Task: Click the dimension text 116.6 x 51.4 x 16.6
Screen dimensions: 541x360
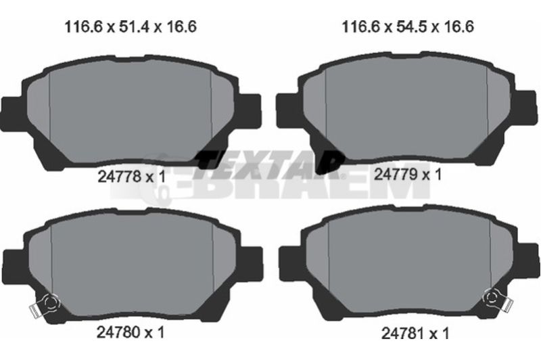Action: pyautogui.click(x=131, y=26)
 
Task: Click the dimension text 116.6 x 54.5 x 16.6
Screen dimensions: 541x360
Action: pyautogui.click(x=408, y=26)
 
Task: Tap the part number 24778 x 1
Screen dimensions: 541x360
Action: pyautogui.click(x=131, y=177)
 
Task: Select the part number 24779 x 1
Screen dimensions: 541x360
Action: pyautogui.click(x=408, y=175)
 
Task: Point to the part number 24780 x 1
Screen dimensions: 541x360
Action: pyautogui.click(x=131, y=332)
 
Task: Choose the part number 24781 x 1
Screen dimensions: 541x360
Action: pyautogui.click(x=415, y=333)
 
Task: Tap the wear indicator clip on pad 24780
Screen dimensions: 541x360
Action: pyautogui.click(x=44, y=305)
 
